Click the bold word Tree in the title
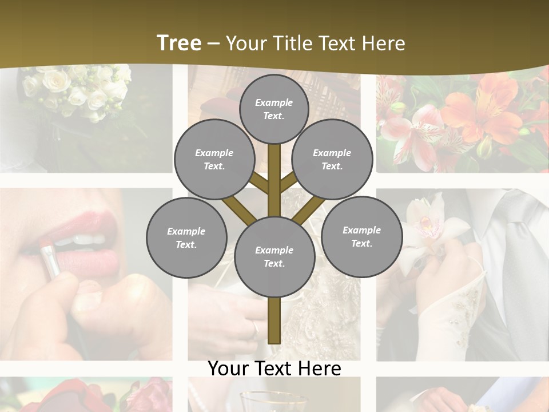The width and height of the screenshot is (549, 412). point(179,43)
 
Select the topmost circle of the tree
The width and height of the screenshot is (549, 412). point(274,109)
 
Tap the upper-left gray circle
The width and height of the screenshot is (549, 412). point(214,159)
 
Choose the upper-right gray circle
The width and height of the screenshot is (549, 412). point(332,159)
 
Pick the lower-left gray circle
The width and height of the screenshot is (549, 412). point(186,237)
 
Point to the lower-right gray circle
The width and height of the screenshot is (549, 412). point(361,236)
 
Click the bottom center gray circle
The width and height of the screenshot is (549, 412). point(274,256)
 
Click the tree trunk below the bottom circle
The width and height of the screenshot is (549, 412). point(274,320)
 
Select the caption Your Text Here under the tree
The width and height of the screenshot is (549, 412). point(274,369)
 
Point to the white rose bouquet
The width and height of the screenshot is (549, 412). point(74,89)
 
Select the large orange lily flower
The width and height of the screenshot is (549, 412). point(480,109)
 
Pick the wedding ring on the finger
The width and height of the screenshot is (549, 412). point(255,328)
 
